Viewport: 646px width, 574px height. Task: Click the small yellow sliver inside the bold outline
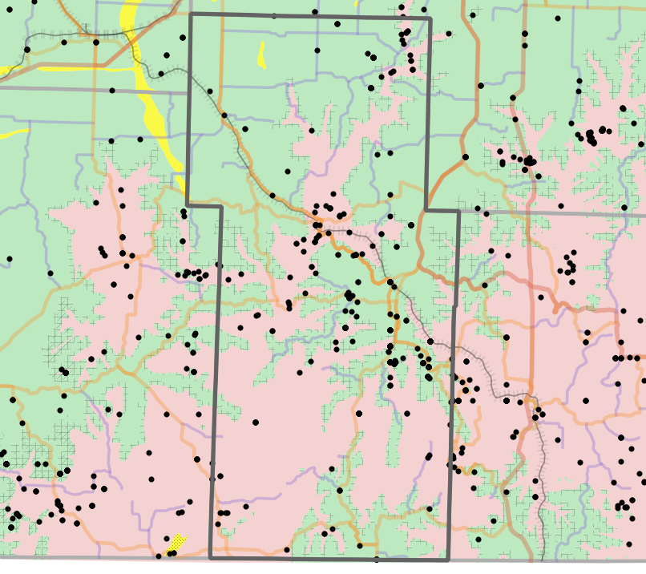point(261,55)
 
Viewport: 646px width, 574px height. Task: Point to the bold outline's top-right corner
point(430,18)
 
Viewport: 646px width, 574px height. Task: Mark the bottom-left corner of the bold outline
point(211,558)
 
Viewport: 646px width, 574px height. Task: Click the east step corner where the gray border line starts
point(458,212)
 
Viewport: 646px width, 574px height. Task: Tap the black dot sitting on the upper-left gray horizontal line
point(112,90)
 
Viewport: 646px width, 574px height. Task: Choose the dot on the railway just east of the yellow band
point(161,74)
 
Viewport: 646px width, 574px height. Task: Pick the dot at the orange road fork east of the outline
point(465,157)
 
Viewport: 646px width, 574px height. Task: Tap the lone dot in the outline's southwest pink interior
point(256,422)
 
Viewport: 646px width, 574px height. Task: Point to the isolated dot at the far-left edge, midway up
point(10,258)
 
